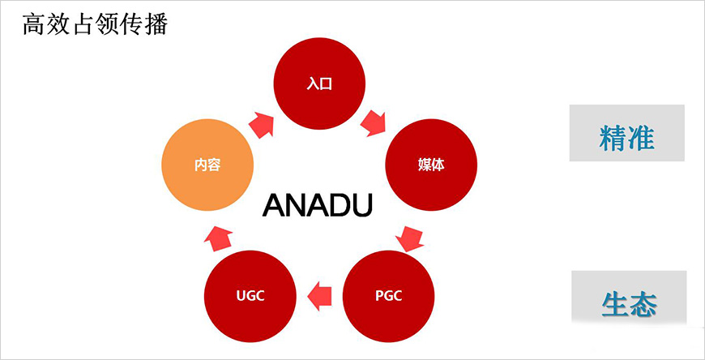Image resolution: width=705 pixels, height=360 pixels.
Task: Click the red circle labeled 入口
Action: coord(320,83)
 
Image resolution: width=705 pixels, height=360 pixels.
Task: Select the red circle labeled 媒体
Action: coord(430,165)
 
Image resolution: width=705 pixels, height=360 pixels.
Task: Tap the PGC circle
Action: coord(388,295)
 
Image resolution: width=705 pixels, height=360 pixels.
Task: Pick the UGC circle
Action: coord(250,295)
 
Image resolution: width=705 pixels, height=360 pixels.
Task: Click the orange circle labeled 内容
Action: coord(207,165)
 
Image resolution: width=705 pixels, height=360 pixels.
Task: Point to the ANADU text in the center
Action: coord(318,205)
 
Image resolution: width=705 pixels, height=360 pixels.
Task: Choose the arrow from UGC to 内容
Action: coord(219,236)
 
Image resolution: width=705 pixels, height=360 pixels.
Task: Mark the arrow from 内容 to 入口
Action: coord(262,123)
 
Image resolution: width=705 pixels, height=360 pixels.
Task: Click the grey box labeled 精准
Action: coord(626,133)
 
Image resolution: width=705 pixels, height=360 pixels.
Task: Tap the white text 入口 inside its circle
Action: coord(320,84)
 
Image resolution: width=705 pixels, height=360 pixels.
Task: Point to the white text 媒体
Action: coord(430,165)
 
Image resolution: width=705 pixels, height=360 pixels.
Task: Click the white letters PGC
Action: coord(388,296)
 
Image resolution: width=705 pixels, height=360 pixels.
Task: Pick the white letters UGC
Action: coord(250,296)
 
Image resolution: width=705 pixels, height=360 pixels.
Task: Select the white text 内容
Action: coord(207,165)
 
